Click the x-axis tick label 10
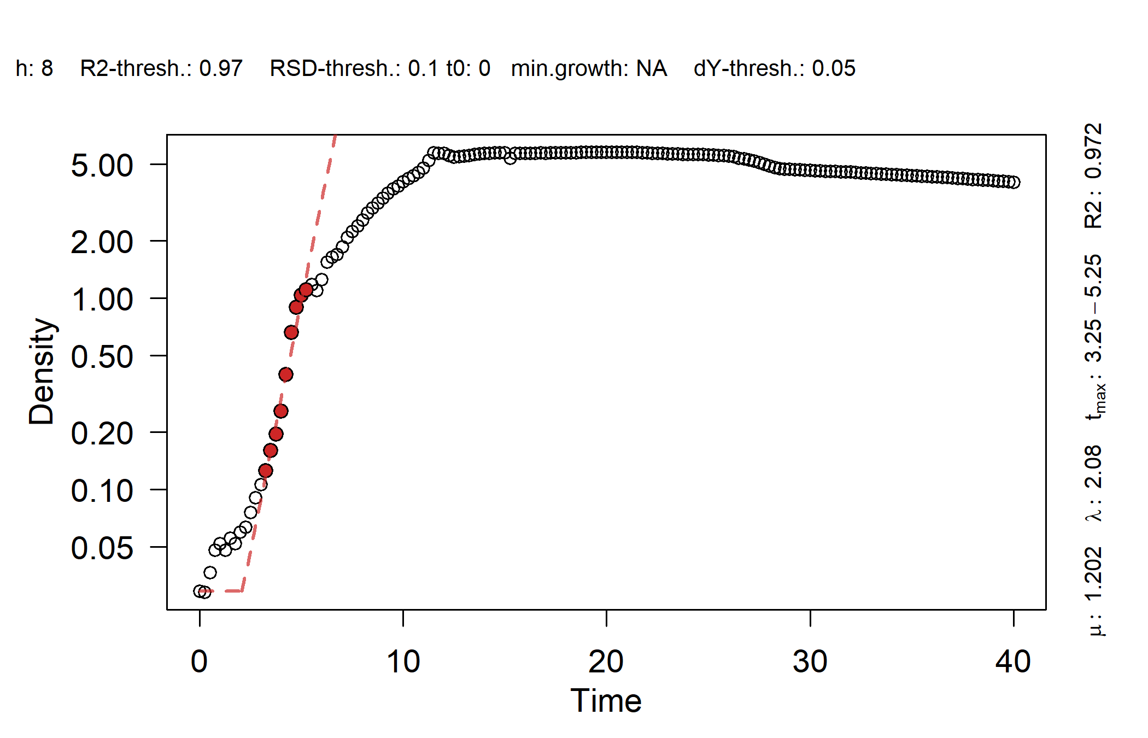403,662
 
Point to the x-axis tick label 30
810,662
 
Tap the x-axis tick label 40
1013,662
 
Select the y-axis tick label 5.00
102,165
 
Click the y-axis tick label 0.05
102,548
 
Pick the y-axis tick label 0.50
102,357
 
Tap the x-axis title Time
606,701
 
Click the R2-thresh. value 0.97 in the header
221,69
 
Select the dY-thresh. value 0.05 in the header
833,69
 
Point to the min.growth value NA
651,69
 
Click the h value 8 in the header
47,69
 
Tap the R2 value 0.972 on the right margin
1093,151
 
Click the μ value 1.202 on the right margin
1093,574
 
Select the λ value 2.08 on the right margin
1093,467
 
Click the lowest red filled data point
266,471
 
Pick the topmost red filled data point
306,290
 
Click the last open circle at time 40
1014,183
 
